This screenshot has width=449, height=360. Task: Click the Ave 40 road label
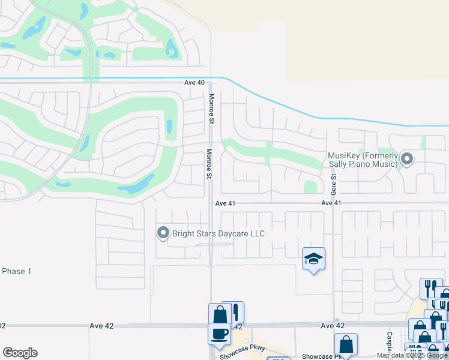pos(195,82)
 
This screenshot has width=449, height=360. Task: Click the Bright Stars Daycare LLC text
pos(218,233)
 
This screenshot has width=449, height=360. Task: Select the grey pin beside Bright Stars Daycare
pos(163,233)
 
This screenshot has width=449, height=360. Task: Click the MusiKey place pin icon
pos(407,160)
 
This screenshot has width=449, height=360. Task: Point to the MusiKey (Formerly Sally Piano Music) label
pos(363,159)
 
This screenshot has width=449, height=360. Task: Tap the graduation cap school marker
pos(313,259)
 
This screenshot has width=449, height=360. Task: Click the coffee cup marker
pos(219,332)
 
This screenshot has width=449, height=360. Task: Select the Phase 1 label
pos(17,271)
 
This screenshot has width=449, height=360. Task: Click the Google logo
pos(20,353)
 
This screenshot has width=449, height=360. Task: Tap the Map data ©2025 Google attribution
pos(412,355)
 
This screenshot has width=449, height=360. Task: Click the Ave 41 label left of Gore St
pos(331,203)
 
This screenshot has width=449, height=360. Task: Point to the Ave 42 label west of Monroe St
pos(101,325)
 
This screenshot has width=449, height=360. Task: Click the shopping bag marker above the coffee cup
pos(220,314)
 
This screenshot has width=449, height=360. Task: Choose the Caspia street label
pos(390,341)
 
